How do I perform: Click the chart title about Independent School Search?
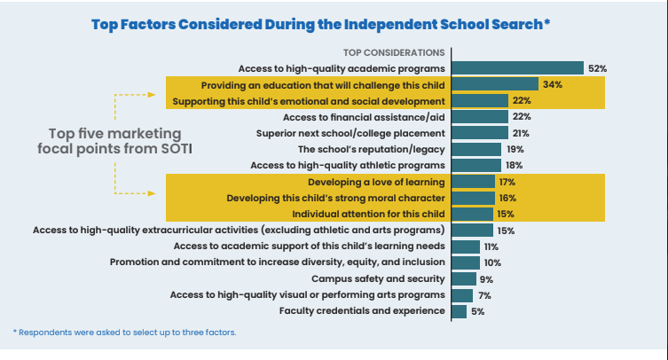tap(320, 24)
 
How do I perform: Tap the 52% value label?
tap(597, 68)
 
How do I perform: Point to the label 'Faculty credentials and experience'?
tap(362, 311)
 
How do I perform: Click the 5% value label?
tap(478, 311)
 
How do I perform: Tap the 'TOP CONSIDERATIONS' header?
tap(393, 52)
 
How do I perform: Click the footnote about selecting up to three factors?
tap(124, 333)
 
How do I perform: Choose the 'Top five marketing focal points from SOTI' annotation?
tap(114, 141)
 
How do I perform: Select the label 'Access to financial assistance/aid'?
tap(364, 117)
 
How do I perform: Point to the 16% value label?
tap(507, 198)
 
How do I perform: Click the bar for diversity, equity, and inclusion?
tap(466, 262)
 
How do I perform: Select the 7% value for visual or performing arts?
tap(484, 294)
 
